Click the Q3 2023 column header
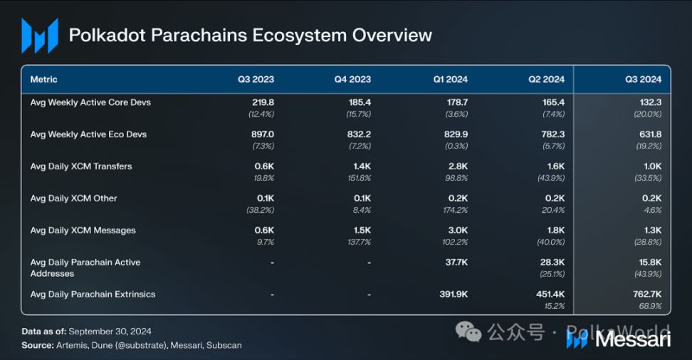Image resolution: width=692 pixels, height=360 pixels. [x=256, y=80]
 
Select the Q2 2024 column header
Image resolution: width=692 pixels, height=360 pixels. [x=546, y=80]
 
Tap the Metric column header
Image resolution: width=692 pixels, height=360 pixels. [x=43, y=80]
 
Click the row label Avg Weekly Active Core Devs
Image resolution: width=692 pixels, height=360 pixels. [x=90, y=102]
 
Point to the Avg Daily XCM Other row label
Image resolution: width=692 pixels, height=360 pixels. [x=74, y=198]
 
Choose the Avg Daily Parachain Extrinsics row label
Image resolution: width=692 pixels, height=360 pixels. [x=93, y=295]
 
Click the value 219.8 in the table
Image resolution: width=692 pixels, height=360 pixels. [x=263, y=102]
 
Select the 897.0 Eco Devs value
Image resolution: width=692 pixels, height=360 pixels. [x=263, y=134]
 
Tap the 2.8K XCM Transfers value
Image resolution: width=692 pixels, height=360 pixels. [x=458, y=166]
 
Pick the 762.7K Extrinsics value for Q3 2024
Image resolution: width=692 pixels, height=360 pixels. [x=647, y=295]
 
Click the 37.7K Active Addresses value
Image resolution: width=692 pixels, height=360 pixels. [x=457, y=262]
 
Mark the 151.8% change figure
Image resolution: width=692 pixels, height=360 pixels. [x=360, y=178]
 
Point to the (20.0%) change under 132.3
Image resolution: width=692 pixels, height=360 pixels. [x=648, y=115]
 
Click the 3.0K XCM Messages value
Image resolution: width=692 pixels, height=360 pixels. [x=458, y=231]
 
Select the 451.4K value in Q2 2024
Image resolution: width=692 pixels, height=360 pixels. [x=550, y=295]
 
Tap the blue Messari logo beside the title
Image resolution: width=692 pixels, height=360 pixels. [x=40, y=36]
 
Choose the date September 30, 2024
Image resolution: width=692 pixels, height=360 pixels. [x=110, y=332]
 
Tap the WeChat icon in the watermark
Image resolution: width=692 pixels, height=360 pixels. [x=468, y=332]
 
